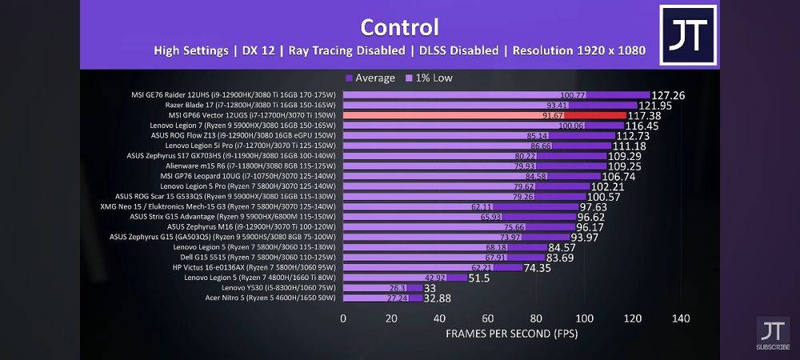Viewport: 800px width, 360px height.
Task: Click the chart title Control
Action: pos(399,27)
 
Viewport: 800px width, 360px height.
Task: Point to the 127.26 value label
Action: pos(668,95)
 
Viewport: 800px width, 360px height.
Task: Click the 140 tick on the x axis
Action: pos(681,318)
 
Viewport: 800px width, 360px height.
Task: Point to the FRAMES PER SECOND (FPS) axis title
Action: pos(511,332)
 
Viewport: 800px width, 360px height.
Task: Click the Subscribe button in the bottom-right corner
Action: pos(773,334)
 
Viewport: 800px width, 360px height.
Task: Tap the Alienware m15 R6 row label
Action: pos(254,166)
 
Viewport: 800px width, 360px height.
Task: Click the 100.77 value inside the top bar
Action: pos(573,95)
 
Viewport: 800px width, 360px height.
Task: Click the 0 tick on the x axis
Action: pos(343,318)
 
